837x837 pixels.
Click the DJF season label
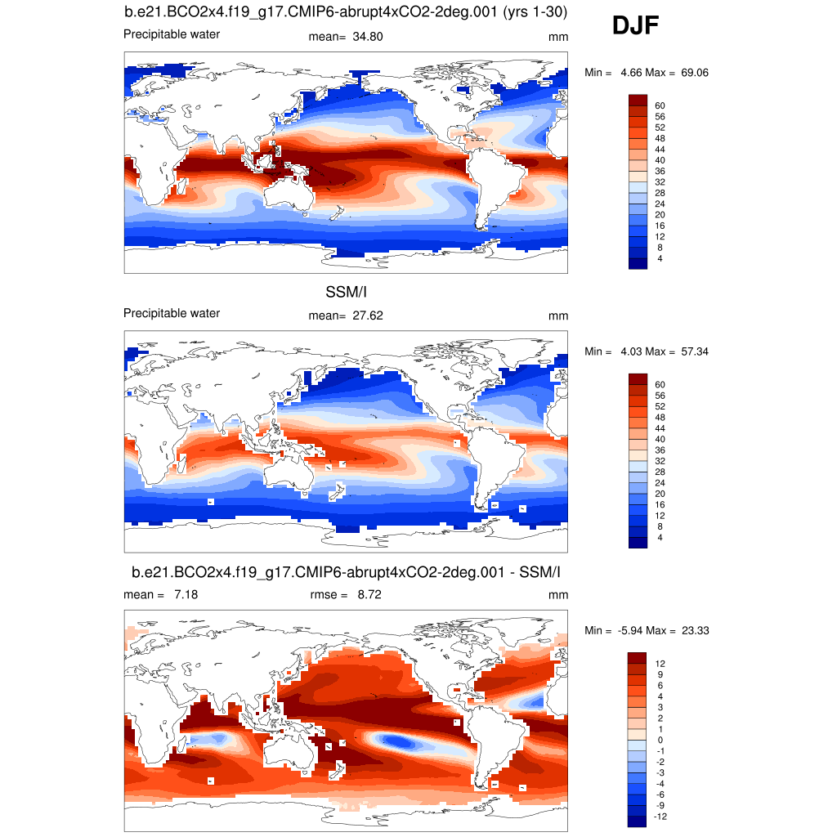635,27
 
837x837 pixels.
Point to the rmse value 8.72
369,594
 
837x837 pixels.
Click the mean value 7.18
186,594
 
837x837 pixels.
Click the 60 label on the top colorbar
660,105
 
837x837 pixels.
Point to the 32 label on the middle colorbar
660,461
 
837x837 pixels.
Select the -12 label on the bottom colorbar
661,816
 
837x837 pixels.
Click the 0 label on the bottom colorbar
658,739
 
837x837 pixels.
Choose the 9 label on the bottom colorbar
658,674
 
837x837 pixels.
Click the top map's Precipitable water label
171,34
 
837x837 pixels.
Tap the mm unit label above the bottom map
558,594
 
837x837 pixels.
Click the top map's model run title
346,12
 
